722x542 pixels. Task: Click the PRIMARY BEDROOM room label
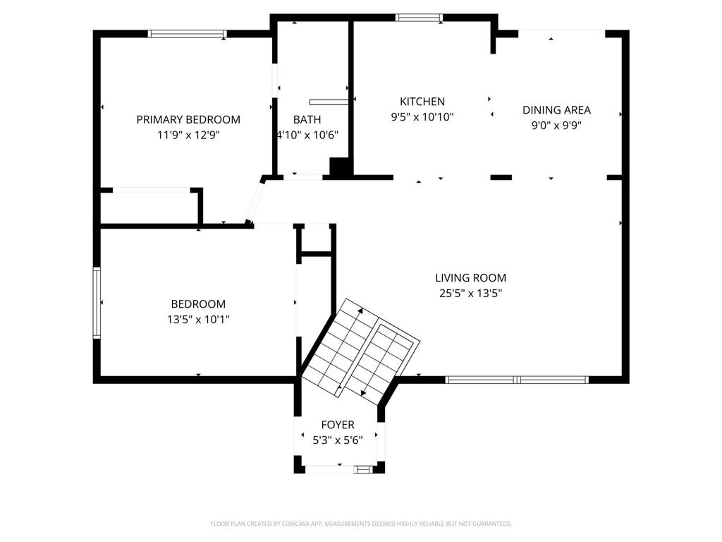188,119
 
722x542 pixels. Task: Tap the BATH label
307,119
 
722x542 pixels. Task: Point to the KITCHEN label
422,102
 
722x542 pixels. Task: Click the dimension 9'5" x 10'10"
422,117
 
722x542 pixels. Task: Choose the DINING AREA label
556,109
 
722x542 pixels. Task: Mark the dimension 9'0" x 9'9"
556,126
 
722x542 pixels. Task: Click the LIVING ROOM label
470,278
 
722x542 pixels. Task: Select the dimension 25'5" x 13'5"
470,293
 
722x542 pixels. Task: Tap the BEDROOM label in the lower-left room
198,304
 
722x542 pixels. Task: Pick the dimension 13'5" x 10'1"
198,319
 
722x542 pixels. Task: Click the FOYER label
338,425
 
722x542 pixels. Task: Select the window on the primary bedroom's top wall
188,33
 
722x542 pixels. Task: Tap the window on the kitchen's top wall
419,18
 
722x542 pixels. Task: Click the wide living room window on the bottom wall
517,380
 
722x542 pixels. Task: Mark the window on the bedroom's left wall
97,302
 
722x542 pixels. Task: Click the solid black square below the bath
341,167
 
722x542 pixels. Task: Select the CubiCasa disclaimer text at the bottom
361,524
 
